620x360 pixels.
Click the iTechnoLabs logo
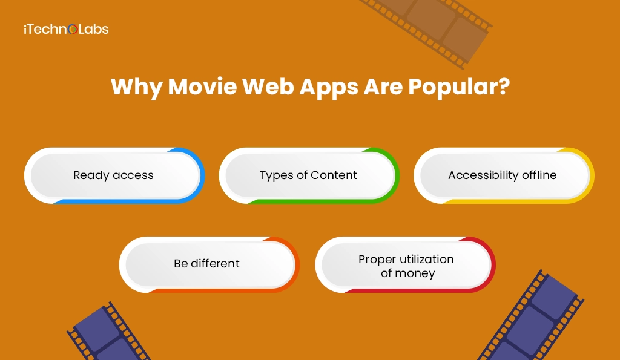click(66, 28)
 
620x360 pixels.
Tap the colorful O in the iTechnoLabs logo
click(73, 29)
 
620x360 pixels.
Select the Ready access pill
click(114, 175)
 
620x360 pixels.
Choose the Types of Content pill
click(309, 175)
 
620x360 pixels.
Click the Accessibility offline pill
click(503, 175)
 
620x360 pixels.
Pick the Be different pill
click(208, 264)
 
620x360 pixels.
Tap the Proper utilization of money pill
click(405, 266)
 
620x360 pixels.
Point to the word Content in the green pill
click(334, 175)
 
